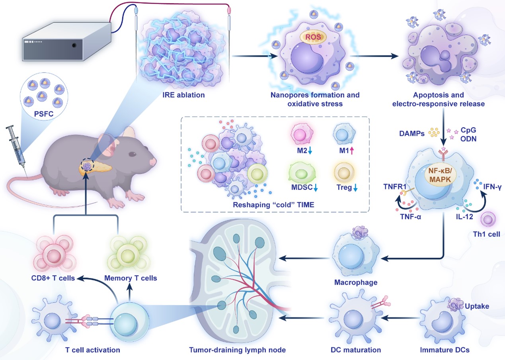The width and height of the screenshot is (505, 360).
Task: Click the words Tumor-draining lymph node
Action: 237,350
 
